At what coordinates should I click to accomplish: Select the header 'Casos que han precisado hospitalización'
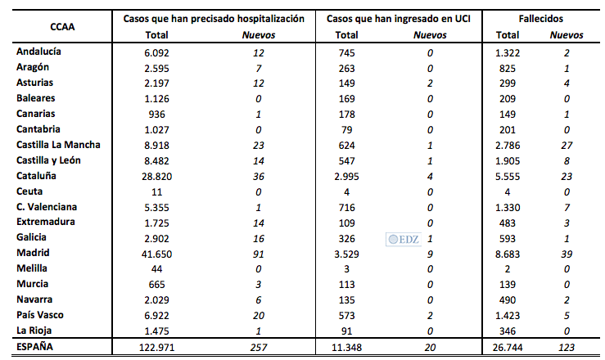[x=214, y=18]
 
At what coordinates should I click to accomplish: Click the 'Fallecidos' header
[x=540, y=18]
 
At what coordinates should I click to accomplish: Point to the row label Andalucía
[x=39, y=52]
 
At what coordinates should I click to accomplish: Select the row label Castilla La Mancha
[x=57, y=145]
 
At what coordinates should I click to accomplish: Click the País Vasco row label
[x=42, y=315]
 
